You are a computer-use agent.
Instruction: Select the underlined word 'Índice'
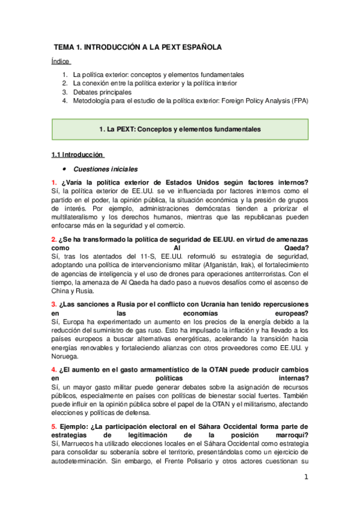pos(61,61)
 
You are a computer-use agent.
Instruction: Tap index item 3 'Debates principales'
pos(102,92)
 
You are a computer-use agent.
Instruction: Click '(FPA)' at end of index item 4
pos(299,101)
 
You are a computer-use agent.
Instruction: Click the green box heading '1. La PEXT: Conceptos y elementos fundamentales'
pos(180,129)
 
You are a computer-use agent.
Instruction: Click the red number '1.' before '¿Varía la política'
pos(53,183)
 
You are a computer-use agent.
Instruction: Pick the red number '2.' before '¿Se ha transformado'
pos(53,239)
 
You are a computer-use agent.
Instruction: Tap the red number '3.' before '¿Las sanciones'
pos(53,304)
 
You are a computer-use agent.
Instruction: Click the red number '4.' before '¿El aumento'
pos(53,370)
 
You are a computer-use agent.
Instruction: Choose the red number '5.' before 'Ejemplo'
pos(53,426)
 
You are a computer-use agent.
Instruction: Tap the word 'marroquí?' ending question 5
pos(289,435)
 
